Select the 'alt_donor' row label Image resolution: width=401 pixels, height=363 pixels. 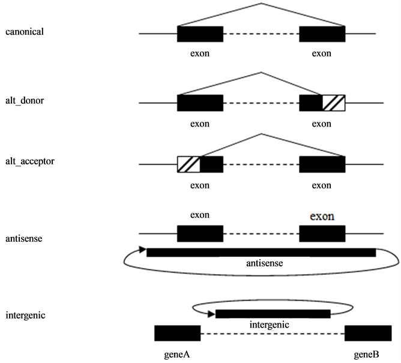pos(23,100)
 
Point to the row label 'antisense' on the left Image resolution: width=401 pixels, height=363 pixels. pos(23,239)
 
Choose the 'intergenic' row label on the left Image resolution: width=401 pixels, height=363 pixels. pos(25,314)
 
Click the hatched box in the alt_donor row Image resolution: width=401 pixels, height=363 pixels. pos(333,103)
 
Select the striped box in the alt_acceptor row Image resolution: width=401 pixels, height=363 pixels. pos(188,164)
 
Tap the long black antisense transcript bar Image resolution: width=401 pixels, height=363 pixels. pos(261,252)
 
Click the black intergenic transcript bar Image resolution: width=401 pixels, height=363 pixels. pos(273,314)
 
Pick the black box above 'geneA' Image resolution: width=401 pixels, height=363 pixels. pos(177,333)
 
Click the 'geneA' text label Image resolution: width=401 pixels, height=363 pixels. pos(177,354)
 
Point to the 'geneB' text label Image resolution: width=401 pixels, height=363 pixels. pos(366,354)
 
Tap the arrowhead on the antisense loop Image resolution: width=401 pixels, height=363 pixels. pos(142,250)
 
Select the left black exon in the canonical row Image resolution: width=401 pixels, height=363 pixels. pos(200,34)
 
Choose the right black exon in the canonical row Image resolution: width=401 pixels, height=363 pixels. pos(322,34)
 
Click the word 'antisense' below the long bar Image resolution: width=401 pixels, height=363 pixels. pos(265,263)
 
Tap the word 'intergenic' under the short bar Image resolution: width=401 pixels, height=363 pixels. pos(270,325)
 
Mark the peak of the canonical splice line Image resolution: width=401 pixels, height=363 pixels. pos(261,4)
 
